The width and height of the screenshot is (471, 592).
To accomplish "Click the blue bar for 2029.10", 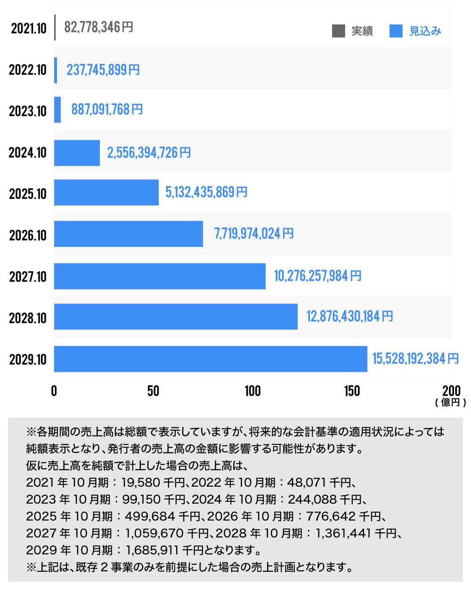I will pos(211,359).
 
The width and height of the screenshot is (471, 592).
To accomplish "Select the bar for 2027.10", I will pos(160,276).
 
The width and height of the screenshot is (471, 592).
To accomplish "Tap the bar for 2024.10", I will pos(77,153).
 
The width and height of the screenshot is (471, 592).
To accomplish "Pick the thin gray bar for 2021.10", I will pos(55,27).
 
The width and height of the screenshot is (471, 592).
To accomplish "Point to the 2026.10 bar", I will pos(129,234).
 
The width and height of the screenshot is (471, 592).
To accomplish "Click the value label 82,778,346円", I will pos(98,27).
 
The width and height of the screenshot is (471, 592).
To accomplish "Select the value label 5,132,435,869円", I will pos(206,192).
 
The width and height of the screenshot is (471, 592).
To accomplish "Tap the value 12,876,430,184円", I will pos(349,316).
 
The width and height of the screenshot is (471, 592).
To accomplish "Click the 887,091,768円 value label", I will pos(107,110).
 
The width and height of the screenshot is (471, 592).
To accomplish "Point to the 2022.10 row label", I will pos(28,70).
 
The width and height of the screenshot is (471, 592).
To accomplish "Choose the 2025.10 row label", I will pos(28,194).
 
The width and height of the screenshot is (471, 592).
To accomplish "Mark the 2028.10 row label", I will pos(28,318).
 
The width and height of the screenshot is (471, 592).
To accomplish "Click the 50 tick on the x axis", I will pos(154,391).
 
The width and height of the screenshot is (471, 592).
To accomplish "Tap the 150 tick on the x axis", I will pos(352,391).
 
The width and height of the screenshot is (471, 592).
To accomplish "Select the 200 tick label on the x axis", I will pos(451,391).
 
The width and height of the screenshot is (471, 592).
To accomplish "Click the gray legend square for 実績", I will pos(338,31).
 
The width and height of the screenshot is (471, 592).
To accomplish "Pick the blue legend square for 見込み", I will pos(396,31).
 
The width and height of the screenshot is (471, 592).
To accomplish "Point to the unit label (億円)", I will pos(451,403).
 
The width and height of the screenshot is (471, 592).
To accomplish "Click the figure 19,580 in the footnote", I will pos(140,482).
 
